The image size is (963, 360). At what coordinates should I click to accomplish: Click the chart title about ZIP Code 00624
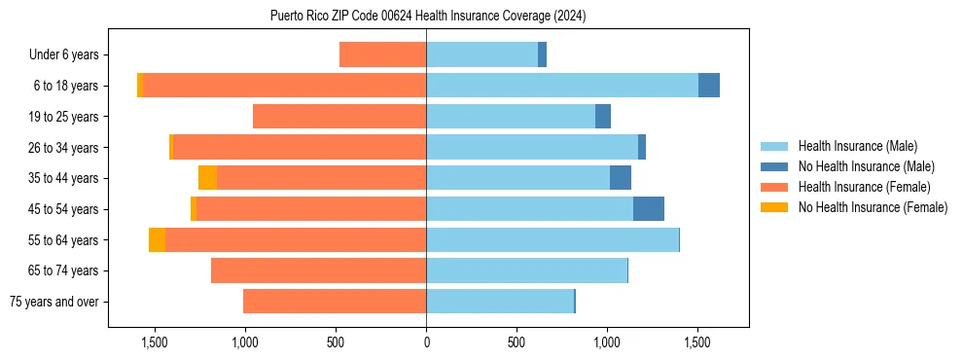[x=428, y=17]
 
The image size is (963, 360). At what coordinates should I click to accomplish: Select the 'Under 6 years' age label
[x=69, y=54]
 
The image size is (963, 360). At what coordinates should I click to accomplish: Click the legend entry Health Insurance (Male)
[x=857, y=146]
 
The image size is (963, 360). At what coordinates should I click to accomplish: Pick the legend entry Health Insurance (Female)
[x=864, y=187]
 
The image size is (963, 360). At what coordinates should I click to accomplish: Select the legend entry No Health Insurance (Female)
[x=873, y=207]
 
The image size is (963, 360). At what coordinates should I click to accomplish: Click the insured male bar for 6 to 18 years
[x=562, y=86]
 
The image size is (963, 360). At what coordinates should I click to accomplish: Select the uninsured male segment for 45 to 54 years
[x=649, y=209]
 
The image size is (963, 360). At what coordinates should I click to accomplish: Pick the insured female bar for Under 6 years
[x=382, y=54]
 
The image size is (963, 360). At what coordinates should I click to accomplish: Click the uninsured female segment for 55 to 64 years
[x=157, y=240]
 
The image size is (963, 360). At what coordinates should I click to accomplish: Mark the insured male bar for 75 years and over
[x=500, y=302]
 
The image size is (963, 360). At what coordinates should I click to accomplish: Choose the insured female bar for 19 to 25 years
[x=339, y=117]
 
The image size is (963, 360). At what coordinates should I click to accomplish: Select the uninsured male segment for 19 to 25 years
[x=603, y=117]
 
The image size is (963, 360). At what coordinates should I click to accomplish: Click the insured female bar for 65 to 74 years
[x=318, y=270]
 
